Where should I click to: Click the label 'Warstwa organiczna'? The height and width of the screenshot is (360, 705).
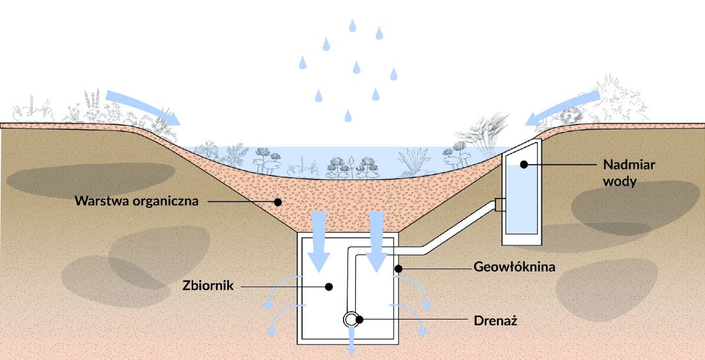click(137, 200)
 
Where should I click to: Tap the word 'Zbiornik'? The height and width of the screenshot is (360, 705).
click(208, 286)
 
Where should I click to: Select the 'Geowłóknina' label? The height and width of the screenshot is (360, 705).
click(515, 267)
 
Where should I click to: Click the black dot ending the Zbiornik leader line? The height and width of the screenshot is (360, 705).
click(329, 286)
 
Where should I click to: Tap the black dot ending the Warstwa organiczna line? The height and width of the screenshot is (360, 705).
click(278, 202)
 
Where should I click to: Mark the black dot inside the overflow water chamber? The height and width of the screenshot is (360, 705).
click(524, 165)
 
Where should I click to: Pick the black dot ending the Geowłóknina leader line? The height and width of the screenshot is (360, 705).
click(398, 268)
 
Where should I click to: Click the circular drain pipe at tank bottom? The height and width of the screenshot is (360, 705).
click(350, 320)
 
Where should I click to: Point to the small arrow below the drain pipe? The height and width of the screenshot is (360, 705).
click(352, 341)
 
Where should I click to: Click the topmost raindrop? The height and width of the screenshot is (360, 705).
click(352, 26)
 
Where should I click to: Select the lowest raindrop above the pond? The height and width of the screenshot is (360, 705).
click(348, 116)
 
